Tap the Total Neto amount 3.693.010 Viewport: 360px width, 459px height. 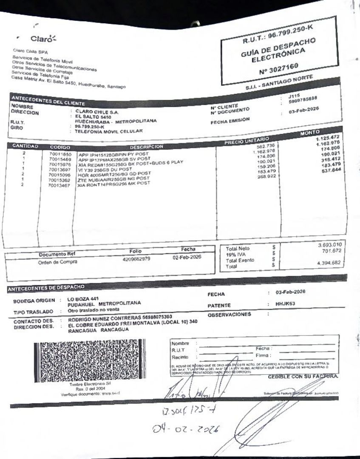click(x=330, y=246)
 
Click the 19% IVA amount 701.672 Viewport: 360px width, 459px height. click(x=332, y=252)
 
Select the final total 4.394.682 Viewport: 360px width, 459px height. click(x=330, y=263)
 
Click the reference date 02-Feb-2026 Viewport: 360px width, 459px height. click(x=187, y=257)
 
